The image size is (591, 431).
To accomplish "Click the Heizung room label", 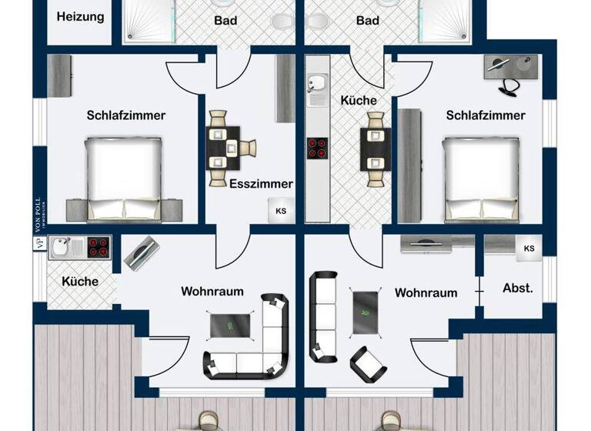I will pos(80,16).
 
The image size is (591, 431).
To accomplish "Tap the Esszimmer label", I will pos(261,184).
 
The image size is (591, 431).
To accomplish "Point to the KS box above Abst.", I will pos(529,249).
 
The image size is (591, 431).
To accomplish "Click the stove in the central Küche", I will pos(317,147).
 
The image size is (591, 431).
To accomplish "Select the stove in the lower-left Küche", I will pos(98,247).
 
